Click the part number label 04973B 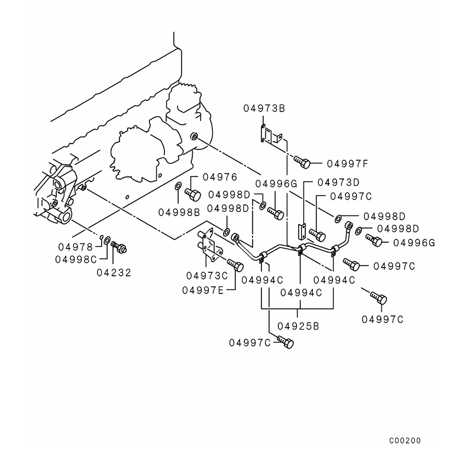(x=264, y=108)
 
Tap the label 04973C (x=206, y=276)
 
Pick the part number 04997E (x=202, y=289)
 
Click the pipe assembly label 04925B (x=299, y=325)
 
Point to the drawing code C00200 (x=405, y=441)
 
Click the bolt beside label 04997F (x=302, y=161)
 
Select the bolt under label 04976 (x=193, y=193)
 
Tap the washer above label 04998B (x=178, y=188)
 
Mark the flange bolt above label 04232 (x=119, y=248)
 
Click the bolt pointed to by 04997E (x=235, y=265)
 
